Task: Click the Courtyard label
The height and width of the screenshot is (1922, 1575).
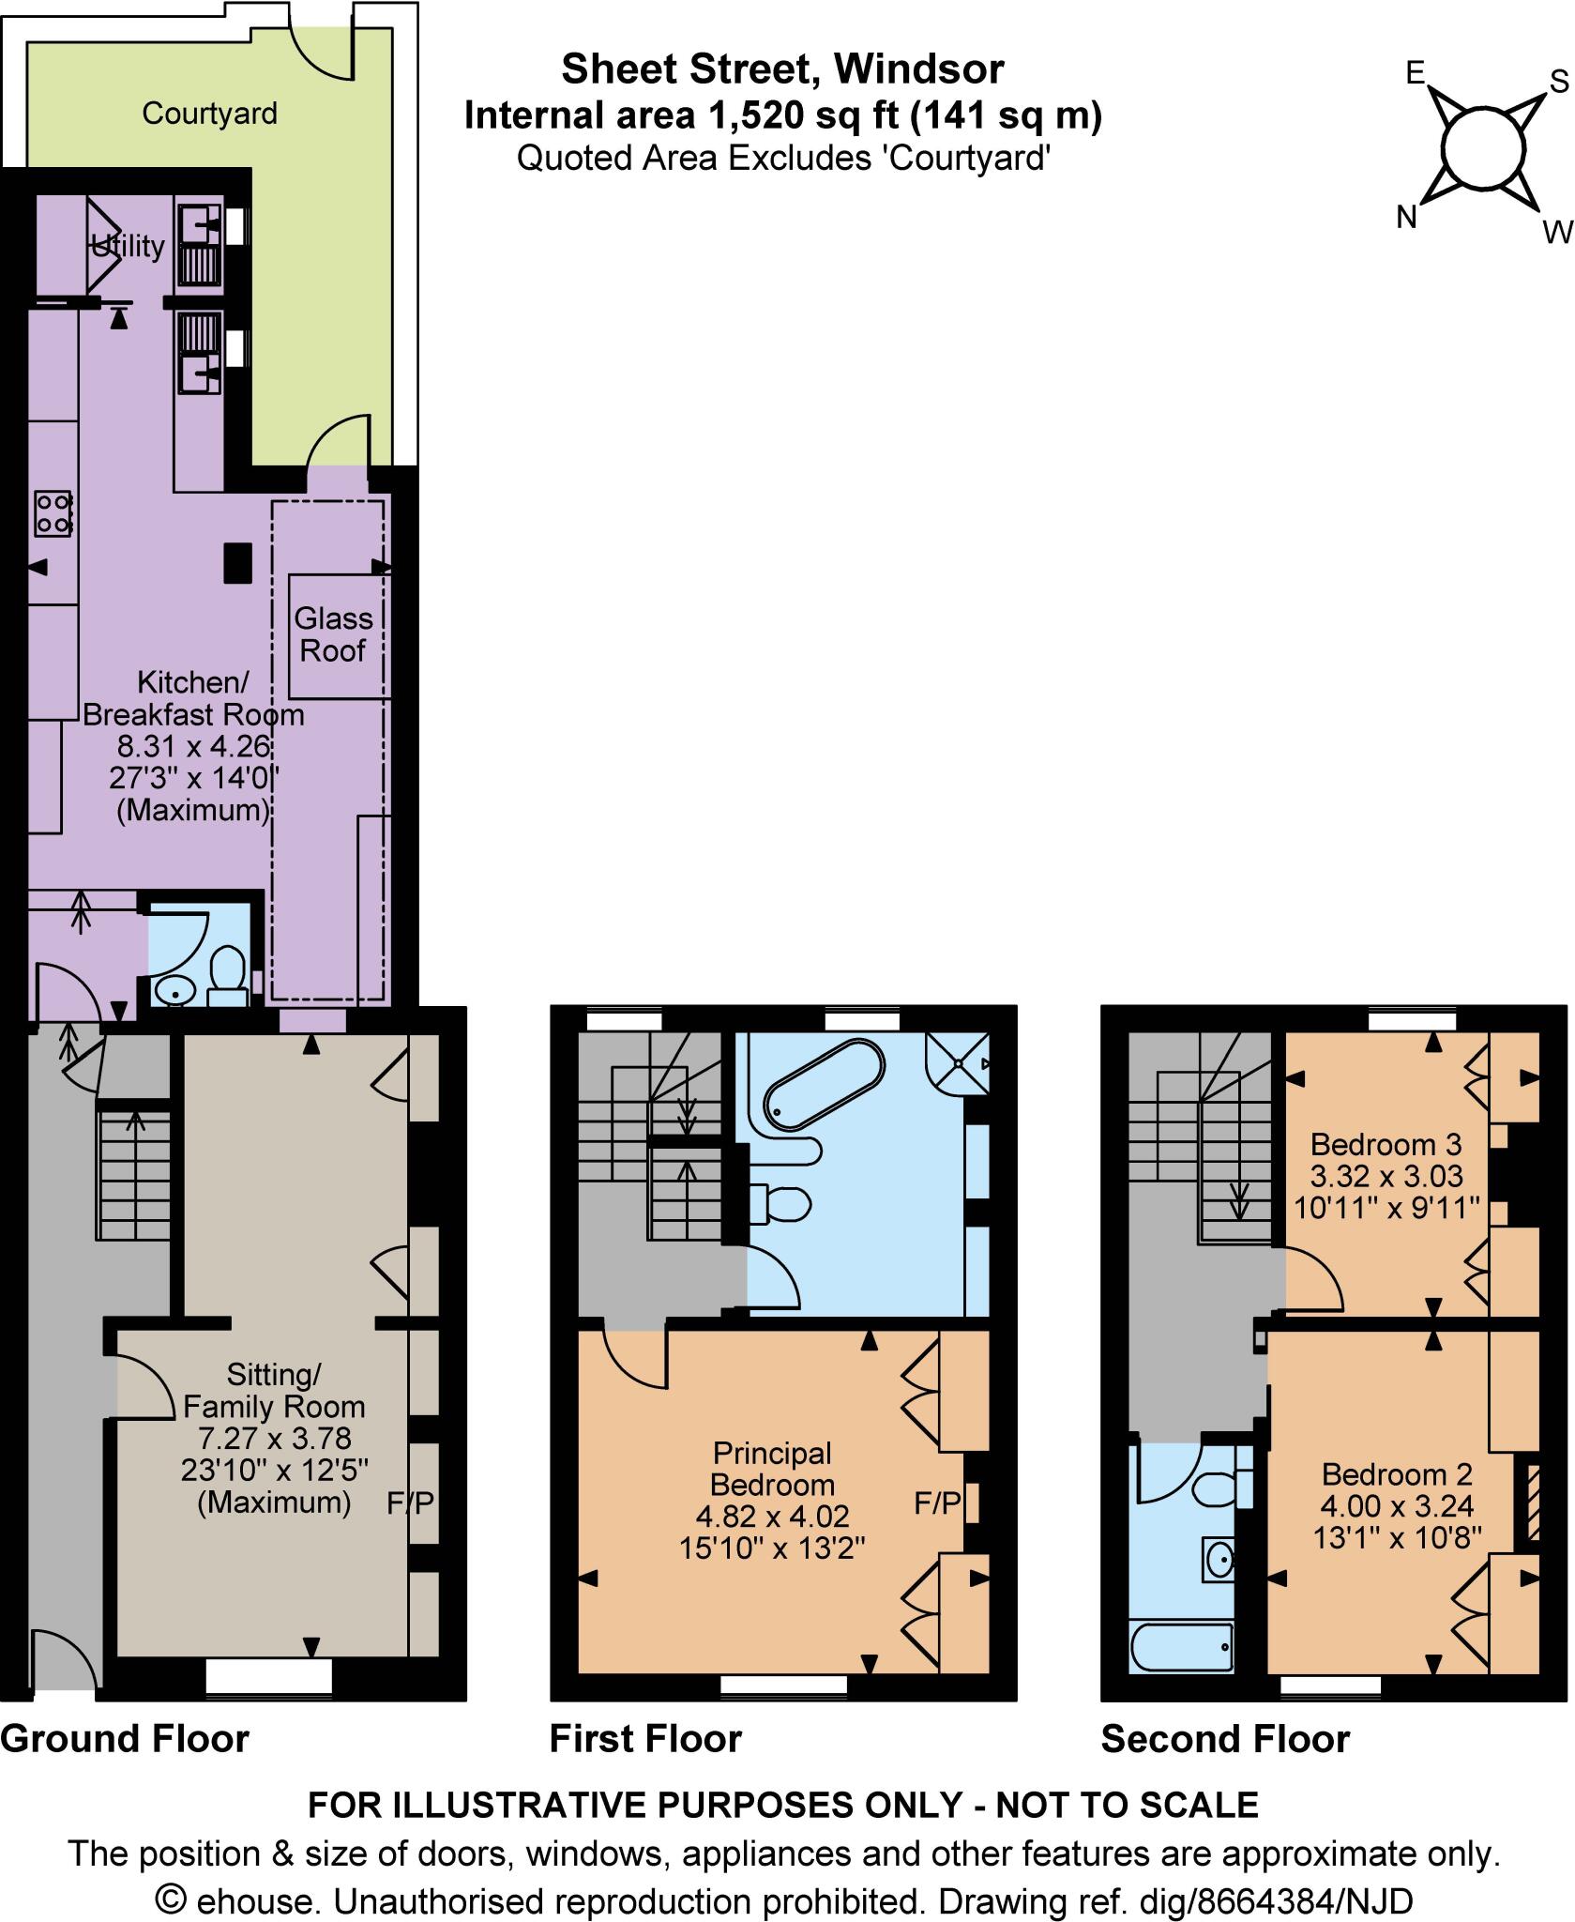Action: point(209,114)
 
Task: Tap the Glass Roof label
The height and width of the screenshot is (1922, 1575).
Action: point(333,634)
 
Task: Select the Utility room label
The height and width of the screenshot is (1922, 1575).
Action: point(128,246)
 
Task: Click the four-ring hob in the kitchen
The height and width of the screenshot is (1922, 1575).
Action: point(53,513)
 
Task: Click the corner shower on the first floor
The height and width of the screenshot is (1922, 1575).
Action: point(959,1063)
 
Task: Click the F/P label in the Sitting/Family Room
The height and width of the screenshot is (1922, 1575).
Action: point(411,1504)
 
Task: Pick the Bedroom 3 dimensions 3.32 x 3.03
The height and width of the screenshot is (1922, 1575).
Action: point(1386,1176)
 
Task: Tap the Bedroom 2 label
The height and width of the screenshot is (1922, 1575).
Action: point(1397,1474)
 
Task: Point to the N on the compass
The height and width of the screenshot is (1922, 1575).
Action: point(1405,218)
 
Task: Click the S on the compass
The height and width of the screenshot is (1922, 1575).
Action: point(1558,83)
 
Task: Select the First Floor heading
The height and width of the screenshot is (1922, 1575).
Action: point(645,1739)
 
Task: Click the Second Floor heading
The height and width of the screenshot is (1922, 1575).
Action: point(1225,1739)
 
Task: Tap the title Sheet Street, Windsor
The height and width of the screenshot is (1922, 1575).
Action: point(782,69)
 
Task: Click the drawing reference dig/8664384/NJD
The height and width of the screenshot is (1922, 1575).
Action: point(1276,1901)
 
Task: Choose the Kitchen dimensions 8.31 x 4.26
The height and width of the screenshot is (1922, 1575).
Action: point(193,747)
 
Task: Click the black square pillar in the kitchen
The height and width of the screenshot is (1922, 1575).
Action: point(237,563)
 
